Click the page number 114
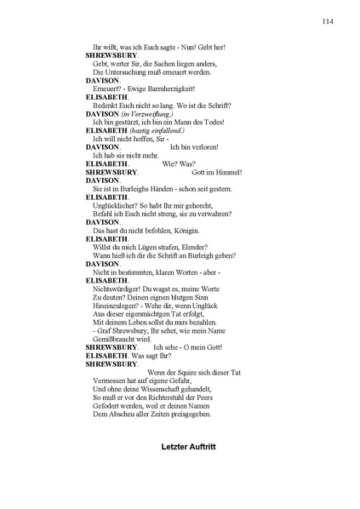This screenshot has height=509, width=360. [327, 21]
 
